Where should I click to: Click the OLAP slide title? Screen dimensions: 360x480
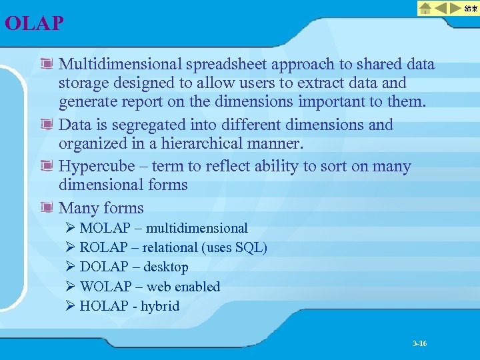(x=34, y=24)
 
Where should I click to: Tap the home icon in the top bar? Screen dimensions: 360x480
(x=426, y=9)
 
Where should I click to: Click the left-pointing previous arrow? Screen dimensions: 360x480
(x=441, y=9)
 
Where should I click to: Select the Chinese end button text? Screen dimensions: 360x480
(x=471, y=9)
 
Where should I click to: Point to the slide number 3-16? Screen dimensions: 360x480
(x=419, y=343)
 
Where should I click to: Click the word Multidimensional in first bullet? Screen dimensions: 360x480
(x=121, y=65)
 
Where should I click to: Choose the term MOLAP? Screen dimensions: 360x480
(x=104, y=228)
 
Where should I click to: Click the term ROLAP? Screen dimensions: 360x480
(x=103, y=247)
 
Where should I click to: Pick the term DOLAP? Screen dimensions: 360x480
(x=103, y=267)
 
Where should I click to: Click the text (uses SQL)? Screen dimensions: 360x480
(x=234, y=247)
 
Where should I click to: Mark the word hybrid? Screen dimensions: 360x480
(x=161, y=306)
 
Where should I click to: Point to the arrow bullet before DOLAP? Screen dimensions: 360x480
(x=70, y=267)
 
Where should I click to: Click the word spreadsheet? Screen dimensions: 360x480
(x=227, y=65)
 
